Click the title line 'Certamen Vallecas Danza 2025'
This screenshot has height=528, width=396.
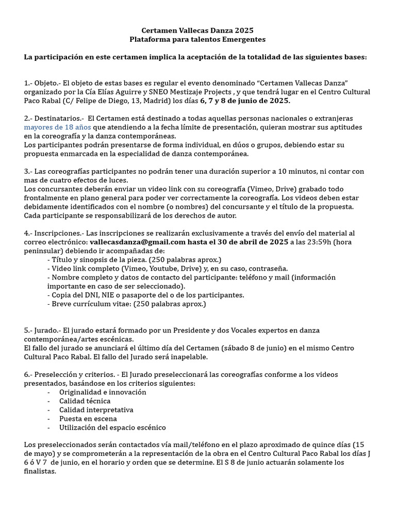(x=197, y=31)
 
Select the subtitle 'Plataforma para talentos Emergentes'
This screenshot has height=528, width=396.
(x=197, y=40)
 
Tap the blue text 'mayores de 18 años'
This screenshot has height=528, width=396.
(x=57, y=127)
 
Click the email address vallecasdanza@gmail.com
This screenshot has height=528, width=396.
(x=138, y=241)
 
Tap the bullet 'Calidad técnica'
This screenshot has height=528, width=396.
(x=85, y=401)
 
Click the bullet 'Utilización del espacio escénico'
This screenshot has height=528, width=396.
(x=112, y=427)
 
